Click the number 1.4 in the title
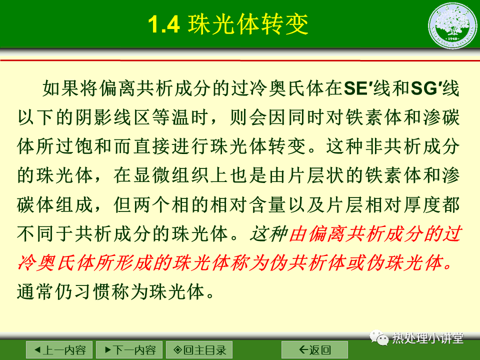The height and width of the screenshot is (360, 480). click(164, 24)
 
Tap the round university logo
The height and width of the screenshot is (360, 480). click(452, 25)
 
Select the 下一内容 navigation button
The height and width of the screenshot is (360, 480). click(129, 349)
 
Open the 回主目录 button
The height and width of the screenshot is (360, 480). click(199, 349)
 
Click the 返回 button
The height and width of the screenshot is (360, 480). click(314, 349)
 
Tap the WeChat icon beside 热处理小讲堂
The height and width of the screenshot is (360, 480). click(379, 337)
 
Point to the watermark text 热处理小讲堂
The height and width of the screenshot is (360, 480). click(427, 338)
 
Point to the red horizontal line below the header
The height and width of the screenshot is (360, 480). click(240, 60)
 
